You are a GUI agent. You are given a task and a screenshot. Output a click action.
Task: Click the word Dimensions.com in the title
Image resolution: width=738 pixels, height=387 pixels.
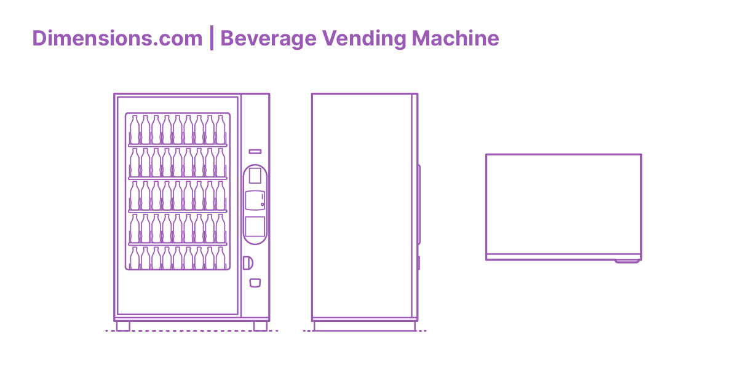(x=117, y=39)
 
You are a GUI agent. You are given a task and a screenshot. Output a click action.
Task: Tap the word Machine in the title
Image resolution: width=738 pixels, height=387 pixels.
(x=455, y=39)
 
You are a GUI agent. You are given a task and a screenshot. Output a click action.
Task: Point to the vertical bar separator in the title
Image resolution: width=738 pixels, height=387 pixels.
(x=212, y=39)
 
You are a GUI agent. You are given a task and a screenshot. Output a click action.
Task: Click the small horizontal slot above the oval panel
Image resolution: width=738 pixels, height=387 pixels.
(x=255, y=151)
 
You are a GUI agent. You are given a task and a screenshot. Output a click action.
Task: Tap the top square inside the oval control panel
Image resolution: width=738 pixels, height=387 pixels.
(x=255, y=176)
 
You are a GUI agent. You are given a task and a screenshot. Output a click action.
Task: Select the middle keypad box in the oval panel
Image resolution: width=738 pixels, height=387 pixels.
(x=255, y=200)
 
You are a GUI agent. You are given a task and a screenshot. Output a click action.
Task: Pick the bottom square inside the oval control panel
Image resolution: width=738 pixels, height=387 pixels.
(x=255, y=227)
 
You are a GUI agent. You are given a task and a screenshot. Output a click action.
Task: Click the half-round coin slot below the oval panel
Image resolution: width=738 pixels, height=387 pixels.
(x=248, y=263)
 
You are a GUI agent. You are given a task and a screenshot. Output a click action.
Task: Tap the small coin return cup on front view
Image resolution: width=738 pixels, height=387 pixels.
(x=255, y=283)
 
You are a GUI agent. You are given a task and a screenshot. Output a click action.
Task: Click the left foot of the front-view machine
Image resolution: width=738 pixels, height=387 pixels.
(x=123, y=326)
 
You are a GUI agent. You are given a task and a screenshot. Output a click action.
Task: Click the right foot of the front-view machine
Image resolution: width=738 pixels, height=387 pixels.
(x=260, y=326)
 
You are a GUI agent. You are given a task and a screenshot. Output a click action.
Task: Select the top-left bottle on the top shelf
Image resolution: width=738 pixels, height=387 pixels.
(x=135, y=130)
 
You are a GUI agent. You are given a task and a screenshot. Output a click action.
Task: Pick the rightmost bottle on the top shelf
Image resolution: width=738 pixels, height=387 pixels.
(x=220, y=130)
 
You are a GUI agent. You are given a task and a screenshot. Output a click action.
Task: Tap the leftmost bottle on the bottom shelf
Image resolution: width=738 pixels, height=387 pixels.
(x=135, y=259)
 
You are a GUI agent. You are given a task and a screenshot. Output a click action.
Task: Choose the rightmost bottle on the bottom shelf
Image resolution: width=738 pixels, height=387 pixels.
(x=220, y=259)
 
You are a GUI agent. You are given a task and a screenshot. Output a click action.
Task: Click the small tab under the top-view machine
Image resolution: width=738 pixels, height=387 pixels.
(x=627, y=261)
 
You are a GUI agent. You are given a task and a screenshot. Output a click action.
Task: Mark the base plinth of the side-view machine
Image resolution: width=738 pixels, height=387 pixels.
(x=365, y=326)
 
